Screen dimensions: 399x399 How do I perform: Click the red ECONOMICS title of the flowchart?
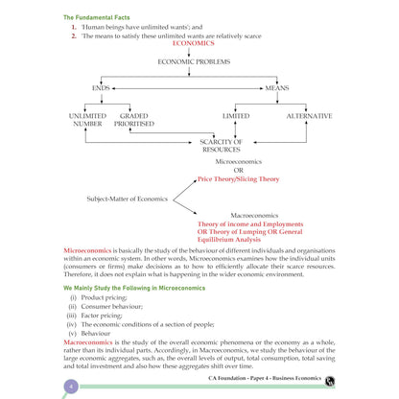coord(194,43)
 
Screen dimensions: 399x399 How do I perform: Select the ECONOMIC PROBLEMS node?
coord(194,61)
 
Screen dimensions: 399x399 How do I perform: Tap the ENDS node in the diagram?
coord(101,88)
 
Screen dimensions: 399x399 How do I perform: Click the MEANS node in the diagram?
coord(277,88)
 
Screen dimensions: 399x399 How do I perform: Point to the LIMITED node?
coord(236,116)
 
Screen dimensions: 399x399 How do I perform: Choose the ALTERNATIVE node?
coord(309,116)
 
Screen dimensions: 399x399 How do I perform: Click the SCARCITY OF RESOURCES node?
coord(222,146)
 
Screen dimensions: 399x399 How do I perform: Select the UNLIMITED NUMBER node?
coord(87,120)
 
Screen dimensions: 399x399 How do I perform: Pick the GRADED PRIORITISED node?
coord(134,120)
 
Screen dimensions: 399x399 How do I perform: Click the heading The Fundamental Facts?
coord(97,17)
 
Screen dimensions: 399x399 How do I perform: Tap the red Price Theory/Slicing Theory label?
coord(238,179)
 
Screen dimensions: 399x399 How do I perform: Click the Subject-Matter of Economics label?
coord(128,199)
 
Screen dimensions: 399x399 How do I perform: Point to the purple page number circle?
coord(71,387)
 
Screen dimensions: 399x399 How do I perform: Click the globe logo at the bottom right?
coord(330,381)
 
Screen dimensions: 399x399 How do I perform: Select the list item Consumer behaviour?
coord(111,307)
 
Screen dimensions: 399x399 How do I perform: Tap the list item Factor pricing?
coord(102,316)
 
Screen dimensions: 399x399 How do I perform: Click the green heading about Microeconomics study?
coord(134,288)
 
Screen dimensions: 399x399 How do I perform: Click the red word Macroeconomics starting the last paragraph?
coord(88,342)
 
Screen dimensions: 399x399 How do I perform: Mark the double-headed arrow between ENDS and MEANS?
coord(188,88)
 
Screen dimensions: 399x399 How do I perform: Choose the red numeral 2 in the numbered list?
coord(74,36)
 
